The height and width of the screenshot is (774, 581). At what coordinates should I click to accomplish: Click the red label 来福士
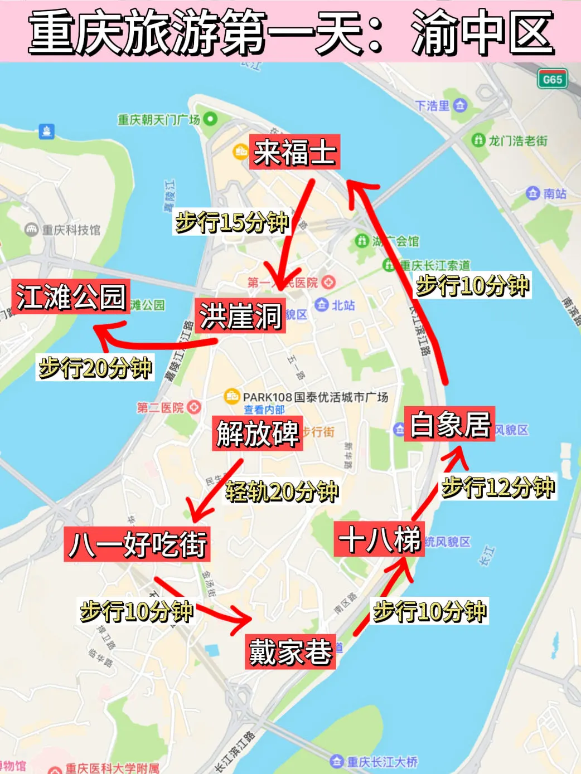(x=294, y=152)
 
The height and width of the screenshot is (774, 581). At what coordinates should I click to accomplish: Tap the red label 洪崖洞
(x=240, y=316)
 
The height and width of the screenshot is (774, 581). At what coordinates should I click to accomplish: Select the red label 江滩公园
(x=70, y=296)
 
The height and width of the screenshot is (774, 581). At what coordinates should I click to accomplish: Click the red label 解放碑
(x=258, y=433)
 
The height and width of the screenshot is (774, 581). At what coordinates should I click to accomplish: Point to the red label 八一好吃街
(x=137, y=544)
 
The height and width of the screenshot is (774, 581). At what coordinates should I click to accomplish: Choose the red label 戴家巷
(x=290, y=651)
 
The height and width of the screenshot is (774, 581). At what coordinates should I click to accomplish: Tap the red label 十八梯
(x=380, y=539)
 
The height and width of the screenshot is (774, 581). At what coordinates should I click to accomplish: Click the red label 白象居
(x=449, y=424)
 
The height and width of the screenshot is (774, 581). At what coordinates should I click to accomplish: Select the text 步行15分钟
(x=232, y=222)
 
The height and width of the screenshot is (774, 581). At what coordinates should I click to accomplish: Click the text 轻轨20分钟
(x=282, y=491)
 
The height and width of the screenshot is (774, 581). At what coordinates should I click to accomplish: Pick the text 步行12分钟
(x=498, y=487)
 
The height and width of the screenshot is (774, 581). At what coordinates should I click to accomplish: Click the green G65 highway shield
(x=552, y=79)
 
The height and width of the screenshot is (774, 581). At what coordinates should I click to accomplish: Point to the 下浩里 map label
(x=433, y=105)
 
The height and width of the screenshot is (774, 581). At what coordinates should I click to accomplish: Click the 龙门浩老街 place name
(x=518, y=140)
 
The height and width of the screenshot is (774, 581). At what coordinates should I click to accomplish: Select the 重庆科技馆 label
(x=71, y=230)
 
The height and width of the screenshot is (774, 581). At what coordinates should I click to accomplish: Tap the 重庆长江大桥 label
(x=382, y=761)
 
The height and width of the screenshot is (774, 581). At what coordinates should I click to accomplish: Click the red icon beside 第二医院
(x=193, y=407)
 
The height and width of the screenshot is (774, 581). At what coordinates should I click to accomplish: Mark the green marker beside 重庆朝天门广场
(x=210, y=119)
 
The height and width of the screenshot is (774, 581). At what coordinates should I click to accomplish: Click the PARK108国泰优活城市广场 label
(x=315, y=397)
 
